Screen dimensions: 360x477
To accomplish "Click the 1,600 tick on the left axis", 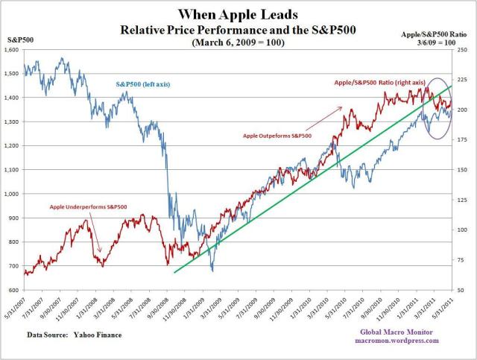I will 13,49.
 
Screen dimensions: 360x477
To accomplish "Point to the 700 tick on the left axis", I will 15,266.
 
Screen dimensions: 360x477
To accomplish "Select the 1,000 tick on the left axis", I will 13,194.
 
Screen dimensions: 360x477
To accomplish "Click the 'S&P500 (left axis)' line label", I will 142,85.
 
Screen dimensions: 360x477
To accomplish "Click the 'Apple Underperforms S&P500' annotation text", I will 87,205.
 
